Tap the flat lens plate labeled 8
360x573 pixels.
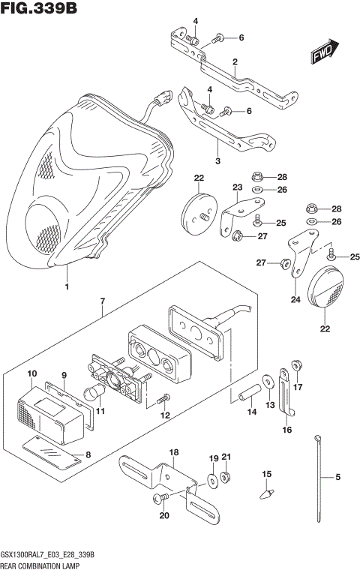click(49, 450)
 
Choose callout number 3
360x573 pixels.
click(217, 160)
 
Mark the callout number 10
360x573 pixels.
click(31, 373)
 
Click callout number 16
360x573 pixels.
click(287, 430)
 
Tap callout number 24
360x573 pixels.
click(295, 300)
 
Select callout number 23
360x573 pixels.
click(237, 187)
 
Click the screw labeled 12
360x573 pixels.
click(167, 398)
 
